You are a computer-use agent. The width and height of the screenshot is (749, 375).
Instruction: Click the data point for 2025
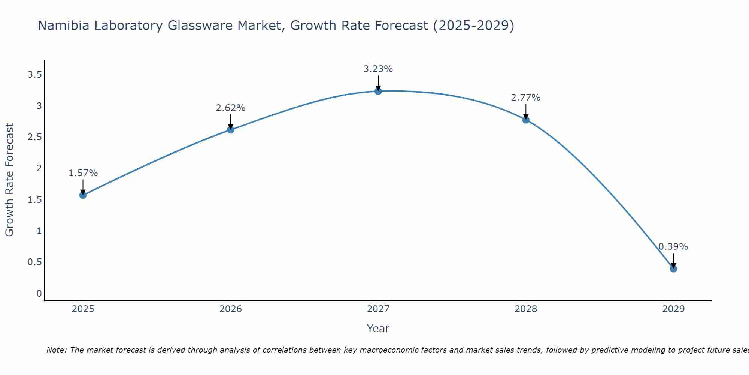83,195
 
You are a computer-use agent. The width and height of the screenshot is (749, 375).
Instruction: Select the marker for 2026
230,130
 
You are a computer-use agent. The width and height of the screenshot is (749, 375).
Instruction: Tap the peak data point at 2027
378,91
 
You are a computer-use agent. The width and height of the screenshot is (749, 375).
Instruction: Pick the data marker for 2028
525,120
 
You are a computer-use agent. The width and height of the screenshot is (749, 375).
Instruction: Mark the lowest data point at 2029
673,268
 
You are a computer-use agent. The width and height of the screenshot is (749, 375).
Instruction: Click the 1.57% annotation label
83,173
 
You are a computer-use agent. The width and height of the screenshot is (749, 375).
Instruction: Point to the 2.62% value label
230,108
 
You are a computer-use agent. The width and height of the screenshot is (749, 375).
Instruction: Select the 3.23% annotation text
378,69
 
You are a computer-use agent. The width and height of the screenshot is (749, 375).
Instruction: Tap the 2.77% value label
525,97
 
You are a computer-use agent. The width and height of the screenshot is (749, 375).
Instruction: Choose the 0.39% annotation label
673,247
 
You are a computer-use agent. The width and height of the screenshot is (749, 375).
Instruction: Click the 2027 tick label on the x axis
378,309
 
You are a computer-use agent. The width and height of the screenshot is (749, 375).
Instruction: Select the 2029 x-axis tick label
673,309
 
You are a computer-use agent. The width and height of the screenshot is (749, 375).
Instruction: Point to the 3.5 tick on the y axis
34,75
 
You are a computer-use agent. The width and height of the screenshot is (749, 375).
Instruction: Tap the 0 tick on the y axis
39,293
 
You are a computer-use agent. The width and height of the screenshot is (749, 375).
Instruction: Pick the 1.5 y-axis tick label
34,199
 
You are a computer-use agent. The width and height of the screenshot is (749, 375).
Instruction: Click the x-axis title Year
378,328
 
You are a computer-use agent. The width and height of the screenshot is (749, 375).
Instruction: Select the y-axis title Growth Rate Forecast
9,180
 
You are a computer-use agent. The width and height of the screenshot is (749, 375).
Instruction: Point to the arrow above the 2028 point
525,112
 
